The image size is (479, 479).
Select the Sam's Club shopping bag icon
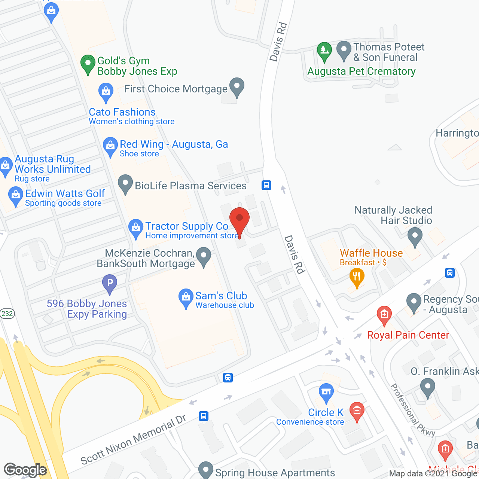(186, 298)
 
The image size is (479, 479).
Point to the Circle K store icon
(326, 392)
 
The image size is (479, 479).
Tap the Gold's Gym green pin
(88, 64)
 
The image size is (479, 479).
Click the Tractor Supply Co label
(187, 226)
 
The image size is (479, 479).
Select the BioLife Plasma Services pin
(125, 184)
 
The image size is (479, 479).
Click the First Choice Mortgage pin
(237, 87)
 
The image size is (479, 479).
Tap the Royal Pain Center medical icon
(384, 315)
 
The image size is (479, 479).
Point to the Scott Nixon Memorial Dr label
(133, 440)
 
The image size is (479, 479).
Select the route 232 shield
(7, 314)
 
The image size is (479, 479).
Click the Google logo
(25, 470)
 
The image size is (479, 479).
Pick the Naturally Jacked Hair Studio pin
(415, 237)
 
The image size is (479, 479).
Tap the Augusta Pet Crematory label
(361, 71)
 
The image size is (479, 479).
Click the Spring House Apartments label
(275, 473)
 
